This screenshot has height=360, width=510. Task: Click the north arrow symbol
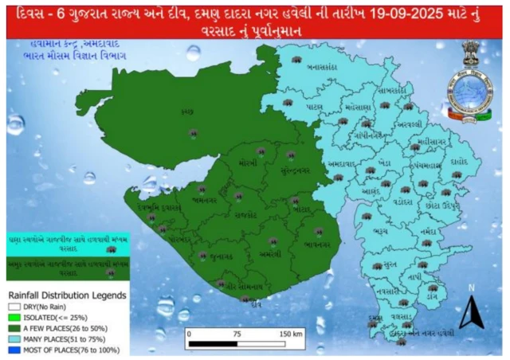pyautogui.click(x=471, y=311)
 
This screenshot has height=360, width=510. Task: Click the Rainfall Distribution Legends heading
pyautogui.click(x=68, y=295)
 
